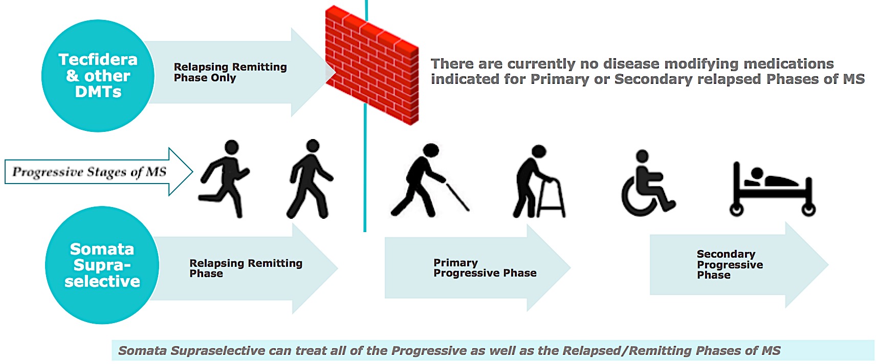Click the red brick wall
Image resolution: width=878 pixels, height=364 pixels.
pos(372,65)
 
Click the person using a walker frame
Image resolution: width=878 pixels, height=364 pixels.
pos(539,181)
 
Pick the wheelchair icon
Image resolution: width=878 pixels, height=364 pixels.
pos(648,183)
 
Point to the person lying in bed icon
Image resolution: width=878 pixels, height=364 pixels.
pos(772,189)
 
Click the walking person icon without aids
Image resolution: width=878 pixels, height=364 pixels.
pos(310,179)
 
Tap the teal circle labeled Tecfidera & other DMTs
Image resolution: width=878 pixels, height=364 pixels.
pos(98,76)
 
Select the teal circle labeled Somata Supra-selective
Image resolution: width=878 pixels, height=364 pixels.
pos(102,265)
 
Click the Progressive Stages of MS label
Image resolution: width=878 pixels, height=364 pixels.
pos(89,172)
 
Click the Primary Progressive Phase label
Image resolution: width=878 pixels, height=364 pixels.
pos(485,268)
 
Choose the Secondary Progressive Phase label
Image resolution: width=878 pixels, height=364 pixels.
pos(730,264)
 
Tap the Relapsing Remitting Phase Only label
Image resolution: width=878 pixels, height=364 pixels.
pos(230,72)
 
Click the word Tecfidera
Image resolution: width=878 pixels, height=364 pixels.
pos(98,59)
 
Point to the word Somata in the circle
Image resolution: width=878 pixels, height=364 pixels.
pos(102,249)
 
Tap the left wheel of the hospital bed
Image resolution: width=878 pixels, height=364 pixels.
pos(736,210)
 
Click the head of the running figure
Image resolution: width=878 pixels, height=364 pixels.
pos(232,147)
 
